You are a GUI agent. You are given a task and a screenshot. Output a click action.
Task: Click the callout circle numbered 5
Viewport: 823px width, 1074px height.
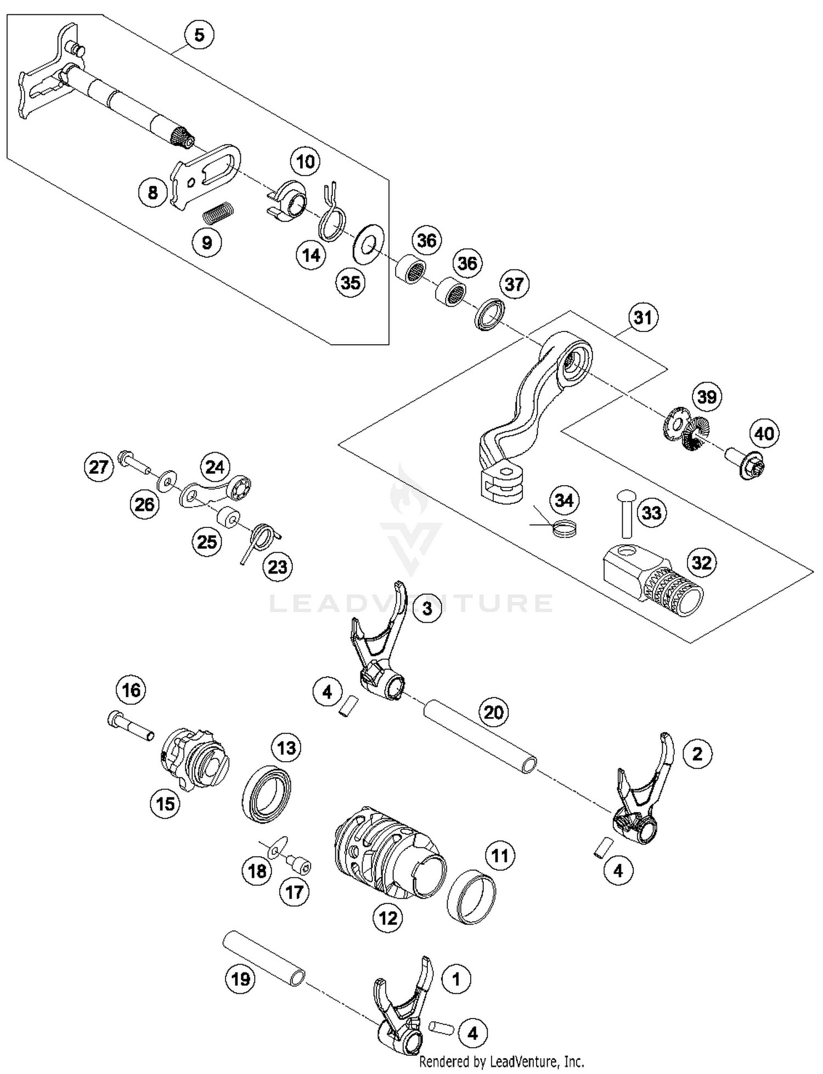pos(199,35)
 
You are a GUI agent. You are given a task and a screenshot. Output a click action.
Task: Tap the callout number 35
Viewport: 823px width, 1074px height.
pos(351,283)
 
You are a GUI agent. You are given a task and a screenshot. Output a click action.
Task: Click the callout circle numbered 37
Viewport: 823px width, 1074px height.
pos(514,284)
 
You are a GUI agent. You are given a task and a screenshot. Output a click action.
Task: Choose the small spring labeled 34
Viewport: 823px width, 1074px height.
pos(565,529)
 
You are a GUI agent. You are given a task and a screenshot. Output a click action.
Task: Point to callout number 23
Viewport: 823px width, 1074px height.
pos(277,566)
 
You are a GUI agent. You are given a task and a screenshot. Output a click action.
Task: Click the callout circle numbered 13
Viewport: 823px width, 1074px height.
pos(286,748)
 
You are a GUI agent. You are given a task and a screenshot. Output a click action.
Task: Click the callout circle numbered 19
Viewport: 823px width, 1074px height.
pos(240,979)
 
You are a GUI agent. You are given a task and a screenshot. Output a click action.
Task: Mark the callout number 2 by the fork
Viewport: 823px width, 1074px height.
pos(697,754)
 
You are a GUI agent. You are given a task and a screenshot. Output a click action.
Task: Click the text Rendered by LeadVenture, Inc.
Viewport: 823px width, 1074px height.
pos(501,1061)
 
